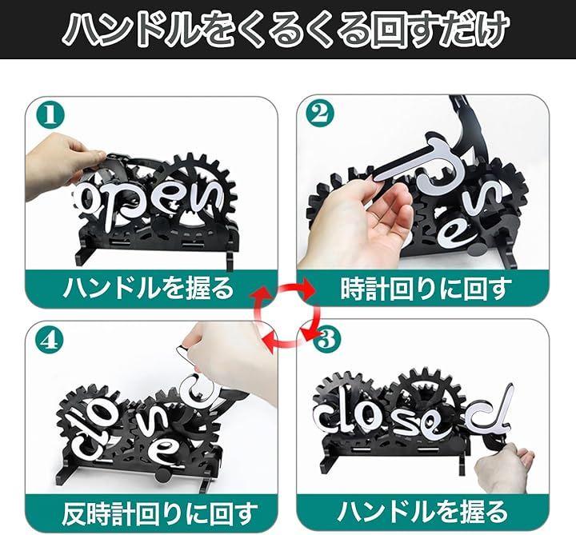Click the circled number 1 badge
[50, 114]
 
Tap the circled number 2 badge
[321, 114]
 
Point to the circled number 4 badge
[50, 341]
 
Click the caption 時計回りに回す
[426, 289]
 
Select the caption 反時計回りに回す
[160, 513]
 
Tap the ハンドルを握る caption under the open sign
[149, 287]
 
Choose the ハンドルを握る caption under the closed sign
[422, 512]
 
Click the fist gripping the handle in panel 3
[503, 465]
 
